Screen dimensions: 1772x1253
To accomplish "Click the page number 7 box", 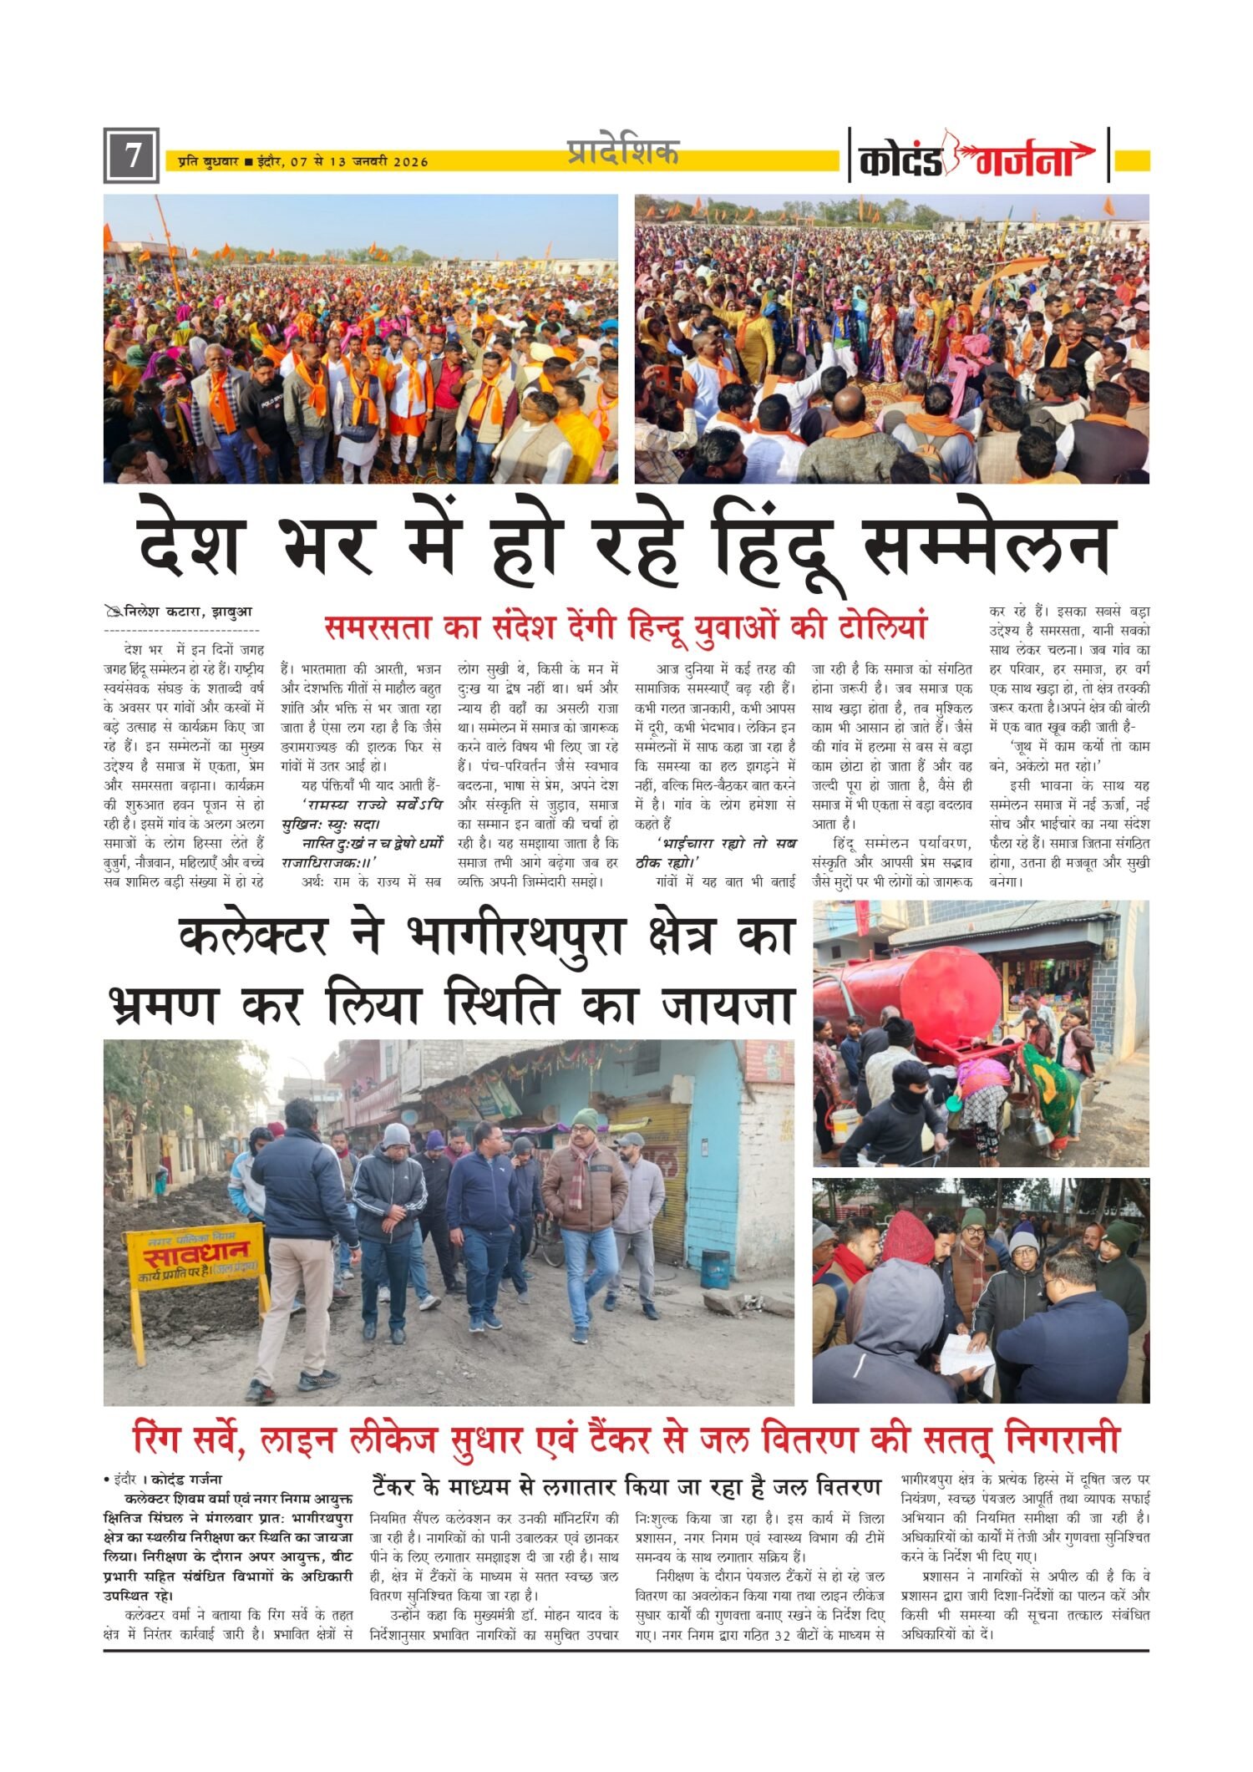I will click(131, 156).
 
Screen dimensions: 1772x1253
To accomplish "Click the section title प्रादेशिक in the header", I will click(622, 152).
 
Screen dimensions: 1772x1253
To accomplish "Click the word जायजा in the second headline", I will click(726, 1005).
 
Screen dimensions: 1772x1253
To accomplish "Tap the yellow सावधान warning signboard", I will click(195, 1256).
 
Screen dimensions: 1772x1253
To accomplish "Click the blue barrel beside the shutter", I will click(715, 1268).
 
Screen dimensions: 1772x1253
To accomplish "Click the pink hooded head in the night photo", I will click(908, 1236).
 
